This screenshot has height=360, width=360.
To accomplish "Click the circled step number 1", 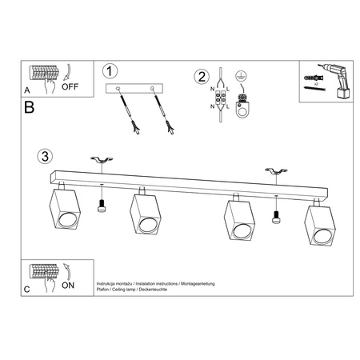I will pos(111,71).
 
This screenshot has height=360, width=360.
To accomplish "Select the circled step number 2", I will pos(201,77).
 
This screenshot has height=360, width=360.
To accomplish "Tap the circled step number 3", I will pos(46,155).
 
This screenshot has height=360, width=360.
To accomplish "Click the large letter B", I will pos(30,106).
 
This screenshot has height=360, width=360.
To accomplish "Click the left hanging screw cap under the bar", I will pos(102,208).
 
